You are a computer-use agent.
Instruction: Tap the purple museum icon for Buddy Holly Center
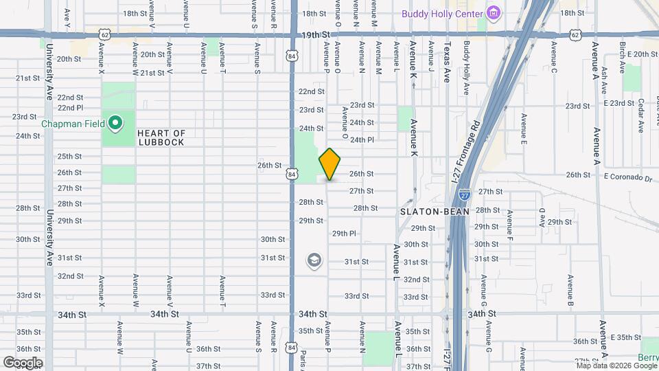493,13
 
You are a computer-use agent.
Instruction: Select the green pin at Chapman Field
115,124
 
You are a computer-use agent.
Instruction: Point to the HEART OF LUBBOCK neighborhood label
161,137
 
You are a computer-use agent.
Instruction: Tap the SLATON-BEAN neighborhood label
435,212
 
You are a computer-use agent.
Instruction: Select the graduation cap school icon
314,260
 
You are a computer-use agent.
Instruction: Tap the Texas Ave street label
447,63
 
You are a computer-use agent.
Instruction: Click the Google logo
23,362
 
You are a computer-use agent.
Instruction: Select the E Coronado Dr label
629,179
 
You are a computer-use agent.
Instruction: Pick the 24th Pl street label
362,139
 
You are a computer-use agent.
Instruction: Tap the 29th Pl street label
344,234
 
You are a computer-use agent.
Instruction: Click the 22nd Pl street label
70,108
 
